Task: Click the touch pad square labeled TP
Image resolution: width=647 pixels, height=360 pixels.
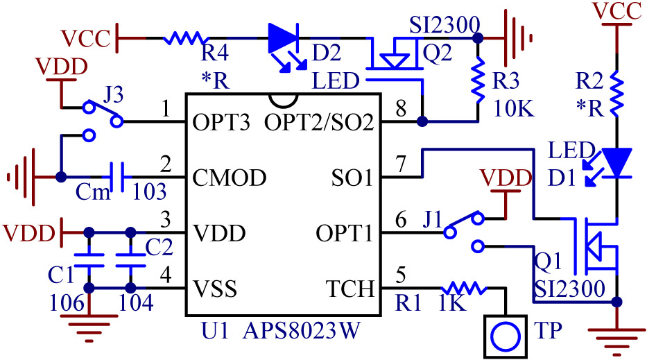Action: point(503,334)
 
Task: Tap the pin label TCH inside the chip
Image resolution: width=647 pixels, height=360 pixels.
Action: point(350,289)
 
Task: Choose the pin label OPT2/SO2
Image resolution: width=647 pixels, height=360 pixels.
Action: point(319,123)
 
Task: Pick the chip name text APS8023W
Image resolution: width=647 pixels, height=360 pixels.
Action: point(301,332)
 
